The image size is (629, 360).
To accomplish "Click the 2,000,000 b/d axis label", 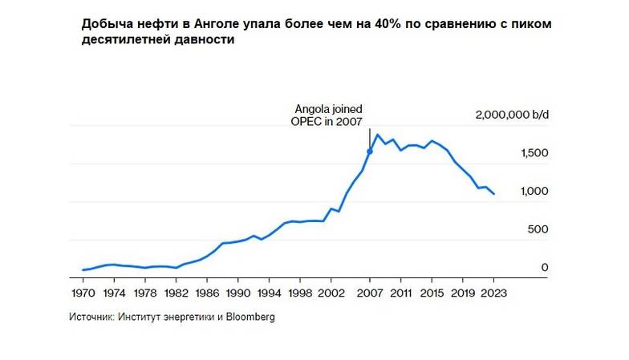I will pos(512,115).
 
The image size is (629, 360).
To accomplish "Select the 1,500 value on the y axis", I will pos(534,153).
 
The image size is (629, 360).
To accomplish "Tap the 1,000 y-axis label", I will pos(534,192).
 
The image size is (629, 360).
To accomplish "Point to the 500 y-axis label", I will pos(538,229).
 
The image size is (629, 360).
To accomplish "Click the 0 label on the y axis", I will pos(544,267).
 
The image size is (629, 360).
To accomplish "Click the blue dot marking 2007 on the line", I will pos(370,152).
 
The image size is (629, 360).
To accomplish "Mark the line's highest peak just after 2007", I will pos(378,135).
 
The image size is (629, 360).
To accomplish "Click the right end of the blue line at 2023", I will pos(493,194).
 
